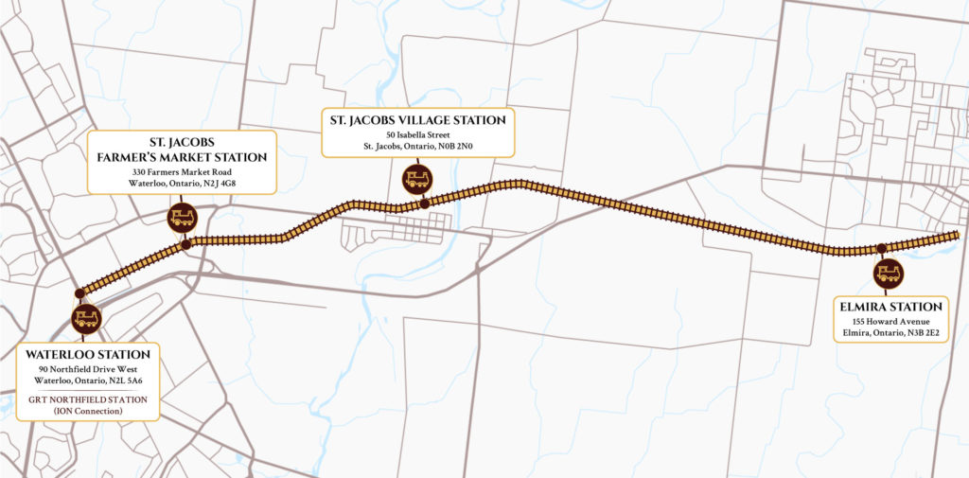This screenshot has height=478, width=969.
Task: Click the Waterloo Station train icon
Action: click(85, 318)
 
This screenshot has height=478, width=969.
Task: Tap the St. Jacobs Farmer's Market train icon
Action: click(181, 218)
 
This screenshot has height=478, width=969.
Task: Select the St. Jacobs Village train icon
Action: click(416, 178)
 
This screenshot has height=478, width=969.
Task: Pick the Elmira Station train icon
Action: click(888, 274)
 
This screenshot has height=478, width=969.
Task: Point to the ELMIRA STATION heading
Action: click(889, 307)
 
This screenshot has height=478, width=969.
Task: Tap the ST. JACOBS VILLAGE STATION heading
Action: click(417, 120)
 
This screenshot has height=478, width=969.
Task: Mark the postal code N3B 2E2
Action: click(921, 333)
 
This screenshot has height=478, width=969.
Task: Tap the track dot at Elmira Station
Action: click(881, 249)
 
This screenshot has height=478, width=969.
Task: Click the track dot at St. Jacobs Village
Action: click(425, 204)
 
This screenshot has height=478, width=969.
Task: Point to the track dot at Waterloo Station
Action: click(79, 292)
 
